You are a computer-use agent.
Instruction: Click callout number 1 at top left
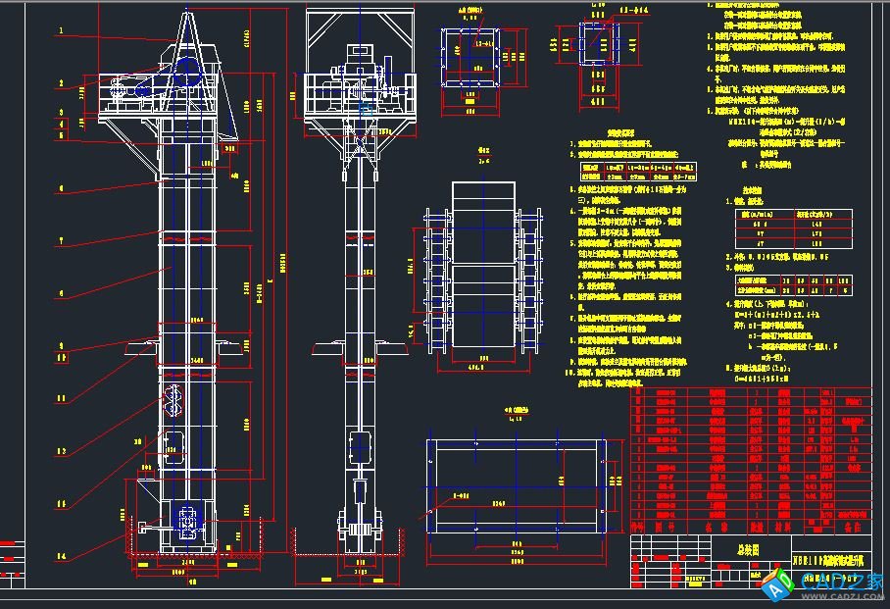click(60, 30)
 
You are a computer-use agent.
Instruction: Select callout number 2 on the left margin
click(60, 82)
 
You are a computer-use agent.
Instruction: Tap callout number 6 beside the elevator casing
click(60, 292)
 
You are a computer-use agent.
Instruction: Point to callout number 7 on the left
click(60, 239)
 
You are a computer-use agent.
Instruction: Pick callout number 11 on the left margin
click(60, 398)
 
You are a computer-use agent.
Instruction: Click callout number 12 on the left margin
click(60, 451)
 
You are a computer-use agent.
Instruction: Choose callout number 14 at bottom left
click(60, 557)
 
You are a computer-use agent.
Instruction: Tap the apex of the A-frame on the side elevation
click(188, 12)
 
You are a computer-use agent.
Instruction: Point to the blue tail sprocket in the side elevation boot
click(183, 519)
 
